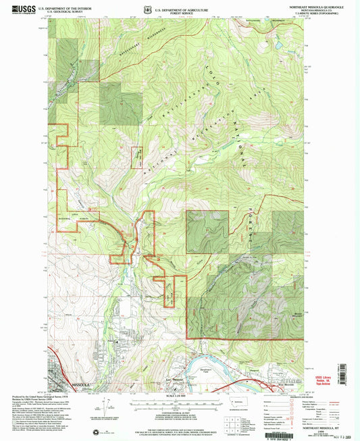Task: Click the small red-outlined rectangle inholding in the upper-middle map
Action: tap(137, 158)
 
